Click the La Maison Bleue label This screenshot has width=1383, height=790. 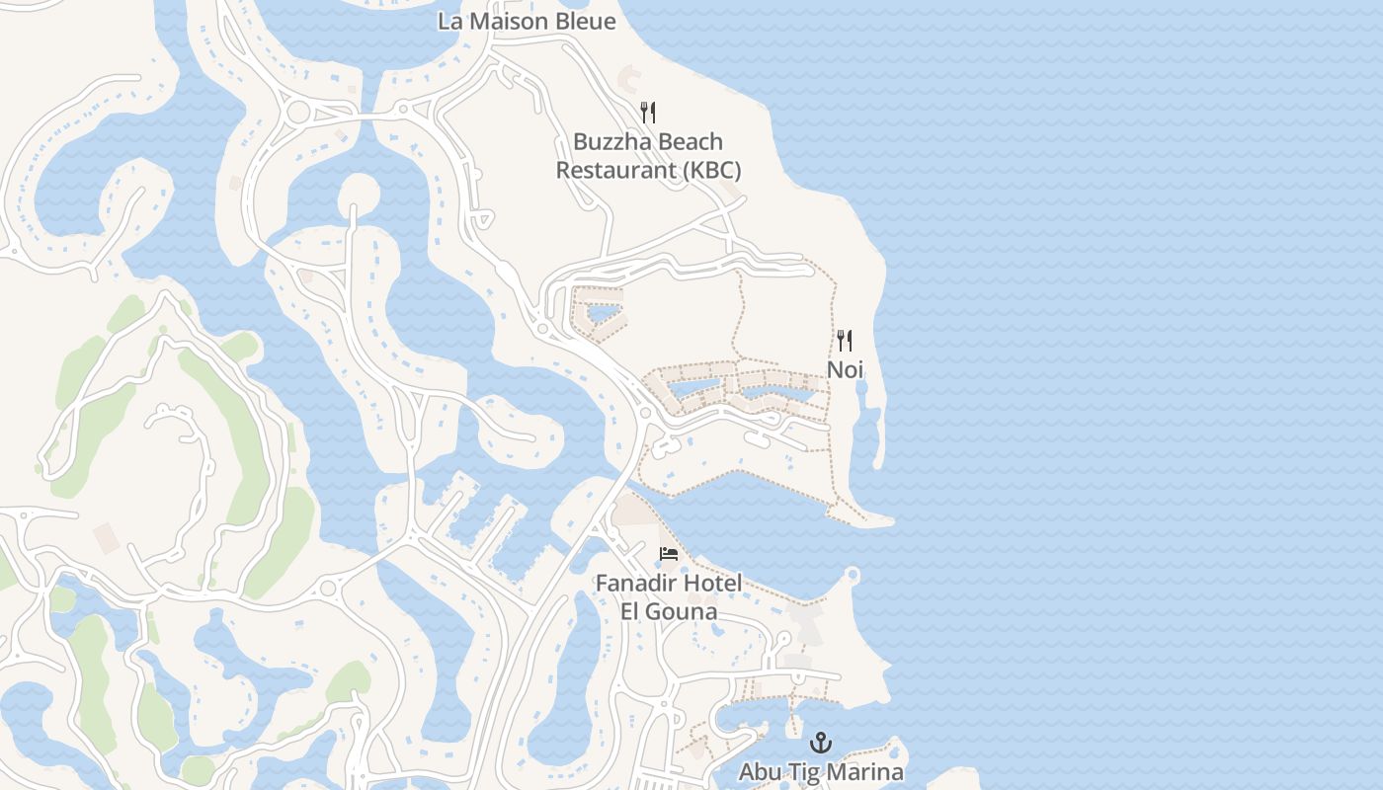527,21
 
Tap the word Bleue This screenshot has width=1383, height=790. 583,21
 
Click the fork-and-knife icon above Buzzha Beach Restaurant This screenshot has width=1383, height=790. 648,112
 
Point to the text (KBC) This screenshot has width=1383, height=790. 711,171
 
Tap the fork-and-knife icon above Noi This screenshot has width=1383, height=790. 845,341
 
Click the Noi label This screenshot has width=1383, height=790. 845,370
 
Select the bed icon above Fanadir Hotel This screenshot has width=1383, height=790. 669,554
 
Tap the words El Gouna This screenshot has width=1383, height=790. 669,611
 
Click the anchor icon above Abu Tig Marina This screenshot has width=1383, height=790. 821,742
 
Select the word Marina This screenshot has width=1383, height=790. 869,771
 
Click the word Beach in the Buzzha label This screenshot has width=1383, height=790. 692,142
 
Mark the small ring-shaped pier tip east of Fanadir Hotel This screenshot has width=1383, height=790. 853,575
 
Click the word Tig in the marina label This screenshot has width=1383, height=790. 807,771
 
